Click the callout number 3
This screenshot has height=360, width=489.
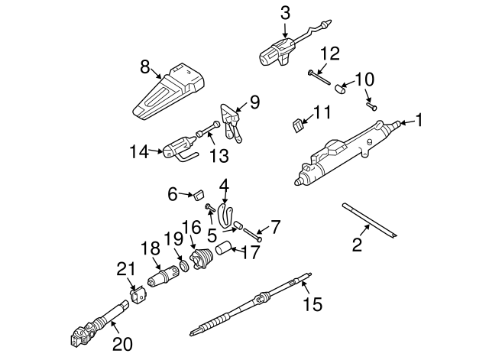coord(285,13)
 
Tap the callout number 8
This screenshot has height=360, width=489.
coord(145,67)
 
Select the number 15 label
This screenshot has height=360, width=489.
coord(313,305)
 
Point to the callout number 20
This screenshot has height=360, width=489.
coord(122,344)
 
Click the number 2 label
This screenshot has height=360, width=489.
coord(356,245)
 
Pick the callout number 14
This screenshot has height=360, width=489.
coord(138,152)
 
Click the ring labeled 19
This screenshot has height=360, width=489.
coord(183,267)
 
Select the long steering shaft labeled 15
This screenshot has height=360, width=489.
coord(252,301)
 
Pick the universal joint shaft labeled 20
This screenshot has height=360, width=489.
coord(99,320)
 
